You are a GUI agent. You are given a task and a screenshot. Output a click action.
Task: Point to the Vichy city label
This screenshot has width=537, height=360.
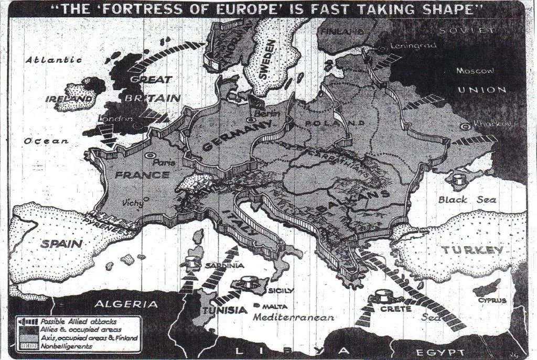133,202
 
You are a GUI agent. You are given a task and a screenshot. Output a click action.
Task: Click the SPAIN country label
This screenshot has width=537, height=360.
61,244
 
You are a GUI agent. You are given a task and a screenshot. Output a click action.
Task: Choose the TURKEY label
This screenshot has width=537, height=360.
472,250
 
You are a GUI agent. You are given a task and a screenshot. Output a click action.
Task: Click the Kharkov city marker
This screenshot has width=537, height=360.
465,126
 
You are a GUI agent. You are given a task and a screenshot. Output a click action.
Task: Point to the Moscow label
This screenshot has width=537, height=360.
475,70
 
